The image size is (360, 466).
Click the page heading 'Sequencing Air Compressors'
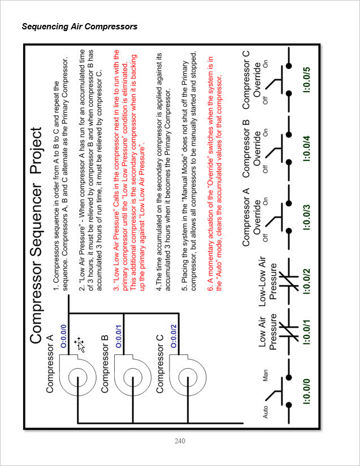[x=79, y=27]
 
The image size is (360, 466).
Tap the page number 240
[x=180, y=441]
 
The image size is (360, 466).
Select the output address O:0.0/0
[x=64, y=336]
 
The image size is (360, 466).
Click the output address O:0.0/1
[x=119, y=336]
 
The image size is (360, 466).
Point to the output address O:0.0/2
[x=174, y=336]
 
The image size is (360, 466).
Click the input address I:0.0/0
[x=306, y=391]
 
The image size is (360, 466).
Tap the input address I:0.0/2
[x=306, y=281]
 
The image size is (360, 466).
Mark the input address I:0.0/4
[x=306, y=149]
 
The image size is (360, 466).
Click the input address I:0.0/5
[x=306, y=80]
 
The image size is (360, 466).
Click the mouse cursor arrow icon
[x=80, y=344]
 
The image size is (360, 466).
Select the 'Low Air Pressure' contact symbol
[x=289, y=332]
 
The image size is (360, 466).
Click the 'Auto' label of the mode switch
[x=265, y=412]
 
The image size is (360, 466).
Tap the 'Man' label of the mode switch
[x=265, y=376]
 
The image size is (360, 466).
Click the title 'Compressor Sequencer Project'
[x=36, y=236]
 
